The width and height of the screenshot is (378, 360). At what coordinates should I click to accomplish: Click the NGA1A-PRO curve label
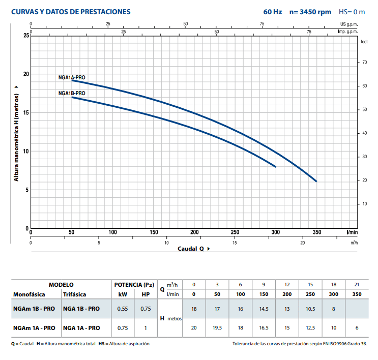click(71, 78)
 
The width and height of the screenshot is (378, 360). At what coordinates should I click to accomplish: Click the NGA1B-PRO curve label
click(71, 94)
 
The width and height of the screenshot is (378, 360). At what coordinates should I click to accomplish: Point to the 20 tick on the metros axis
click(26, 74)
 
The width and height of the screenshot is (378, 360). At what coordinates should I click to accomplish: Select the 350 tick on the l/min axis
click(316, 232)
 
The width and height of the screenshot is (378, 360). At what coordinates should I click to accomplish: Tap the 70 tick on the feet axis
click(364, 62)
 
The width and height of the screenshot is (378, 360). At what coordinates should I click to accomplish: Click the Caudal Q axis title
click(191, 249)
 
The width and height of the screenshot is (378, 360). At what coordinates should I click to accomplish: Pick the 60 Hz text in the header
click(272, 12)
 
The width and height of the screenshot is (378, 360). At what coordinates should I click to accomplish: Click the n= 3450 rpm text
click(310, 12)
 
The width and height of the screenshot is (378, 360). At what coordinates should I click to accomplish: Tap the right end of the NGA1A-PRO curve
click(316, 181)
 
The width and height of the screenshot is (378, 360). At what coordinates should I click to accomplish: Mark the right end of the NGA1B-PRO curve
click(275, 166)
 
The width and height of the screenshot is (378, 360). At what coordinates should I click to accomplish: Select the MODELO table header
click(61, 285)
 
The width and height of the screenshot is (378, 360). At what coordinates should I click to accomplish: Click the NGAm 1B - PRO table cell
click(34, 309)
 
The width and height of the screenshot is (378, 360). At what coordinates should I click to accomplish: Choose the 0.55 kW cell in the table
click(123, 309)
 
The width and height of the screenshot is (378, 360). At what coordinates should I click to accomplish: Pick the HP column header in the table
click(146, 294)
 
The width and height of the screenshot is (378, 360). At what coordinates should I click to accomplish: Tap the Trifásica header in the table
click(74, 294)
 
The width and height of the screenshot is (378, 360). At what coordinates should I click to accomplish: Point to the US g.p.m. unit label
click(349, 24)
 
